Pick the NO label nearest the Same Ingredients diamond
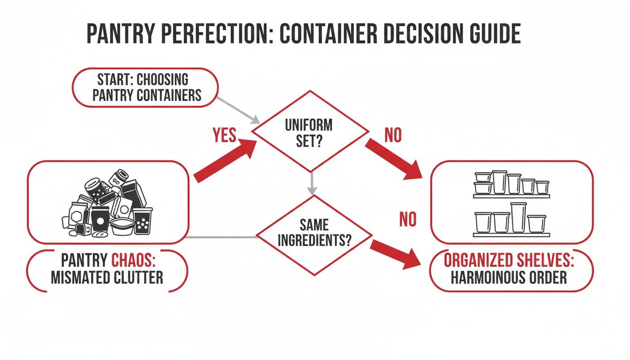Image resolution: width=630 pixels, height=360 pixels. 407,219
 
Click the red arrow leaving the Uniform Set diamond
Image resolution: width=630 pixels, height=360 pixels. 394,159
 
